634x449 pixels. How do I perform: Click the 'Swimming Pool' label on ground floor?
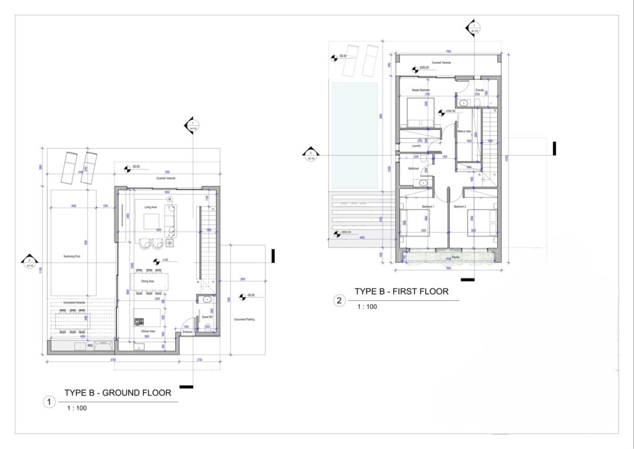point(74,255)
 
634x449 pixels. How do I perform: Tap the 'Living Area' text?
point(144,207)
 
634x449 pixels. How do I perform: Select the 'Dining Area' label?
point(147,281)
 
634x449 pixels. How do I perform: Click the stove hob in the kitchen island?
point(139,321)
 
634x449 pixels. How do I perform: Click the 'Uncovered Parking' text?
point(244,319)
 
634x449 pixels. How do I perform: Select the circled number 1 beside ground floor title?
point(49,402)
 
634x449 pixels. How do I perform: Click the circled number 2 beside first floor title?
point(339,301)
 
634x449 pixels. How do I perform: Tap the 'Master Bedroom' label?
point(421,91)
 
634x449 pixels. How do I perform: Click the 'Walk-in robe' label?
point(464,131)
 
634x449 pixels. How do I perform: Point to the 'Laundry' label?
point(417,146)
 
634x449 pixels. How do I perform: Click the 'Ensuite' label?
point(479,91)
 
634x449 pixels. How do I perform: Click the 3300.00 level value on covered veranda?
point(425,68)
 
